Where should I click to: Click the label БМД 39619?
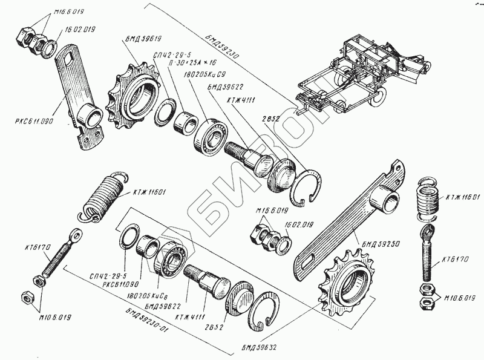pos(143,39)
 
